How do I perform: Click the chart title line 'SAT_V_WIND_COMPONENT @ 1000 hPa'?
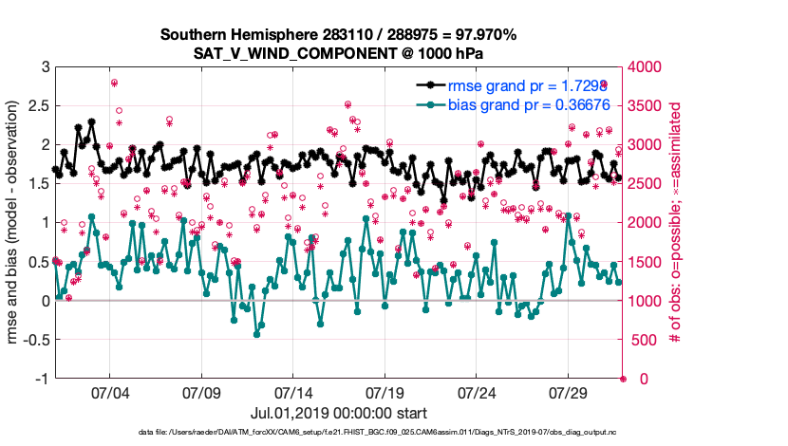(339, 54)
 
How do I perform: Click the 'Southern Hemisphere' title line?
(339, 35)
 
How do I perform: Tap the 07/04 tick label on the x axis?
(109, 393)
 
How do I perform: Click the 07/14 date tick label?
(293, 393)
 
